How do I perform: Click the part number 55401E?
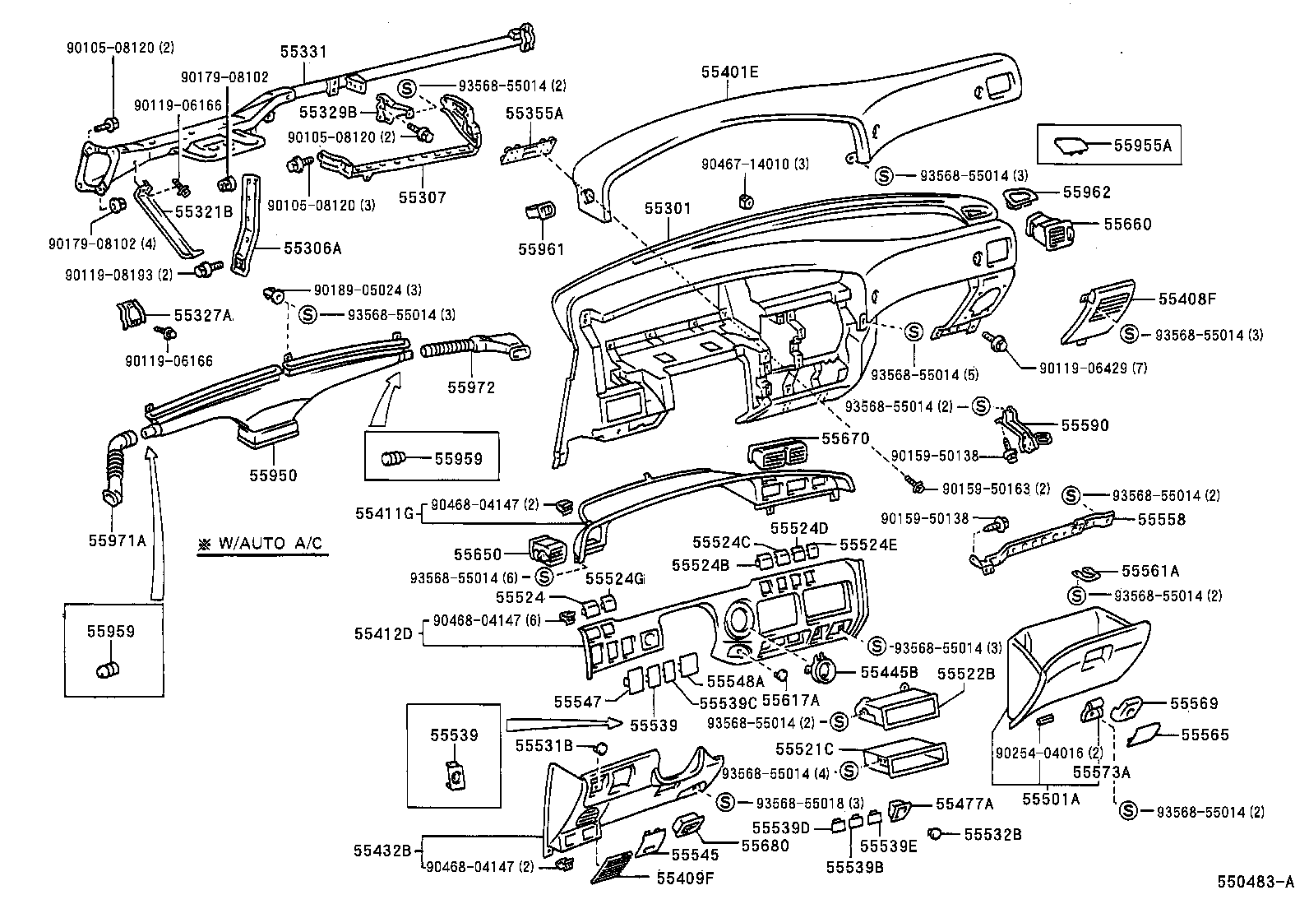click(729, 72)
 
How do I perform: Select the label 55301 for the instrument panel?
click(668, 210)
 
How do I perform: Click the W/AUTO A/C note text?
click(261, 544)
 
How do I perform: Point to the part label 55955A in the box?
click(1142, 145)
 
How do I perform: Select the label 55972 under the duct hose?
click(471, 387)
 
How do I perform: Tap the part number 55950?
click(274, 475)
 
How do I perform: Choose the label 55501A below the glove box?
click(1050, 798)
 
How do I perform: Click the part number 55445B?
click(889, 672)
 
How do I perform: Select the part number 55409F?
click(685, 878)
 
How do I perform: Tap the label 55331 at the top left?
click(303, 53)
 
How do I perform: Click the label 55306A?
click(312, 246)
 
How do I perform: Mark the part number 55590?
click(1085, 425)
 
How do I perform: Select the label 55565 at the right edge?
click(1205, 734)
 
